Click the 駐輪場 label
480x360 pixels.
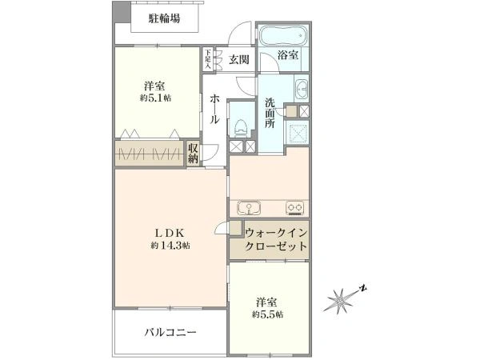click(164, 19)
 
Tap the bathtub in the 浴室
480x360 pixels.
click(282, 35)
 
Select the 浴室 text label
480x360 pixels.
click(288, 55)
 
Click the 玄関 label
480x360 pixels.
click(238, 59)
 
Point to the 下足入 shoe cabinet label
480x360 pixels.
click(208, 58)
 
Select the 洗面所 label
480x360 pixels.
click(270, 113)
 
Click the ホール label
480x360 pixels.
click(214, 109)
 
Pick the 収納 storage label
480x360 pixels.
click(193, 154)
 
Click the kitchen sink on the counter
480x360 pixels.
click(249, 208)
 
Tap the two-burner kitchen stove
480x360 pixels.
click(294, 208)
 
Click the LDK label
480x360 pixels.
click(170, 234)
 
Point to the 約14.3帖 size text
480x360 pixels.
click(170, 246)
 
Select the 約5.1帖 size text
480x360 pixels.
click(155, 98)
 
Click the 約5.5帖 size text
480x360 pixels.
click(267, 314)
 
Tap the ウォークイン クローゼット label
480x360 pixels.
click(276, 240)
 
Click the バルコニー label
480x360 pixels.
click(170, 333)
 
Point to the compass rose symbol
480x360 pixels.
click(342, 299)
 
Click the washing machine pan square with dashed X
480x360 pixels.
click(298, 133)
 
